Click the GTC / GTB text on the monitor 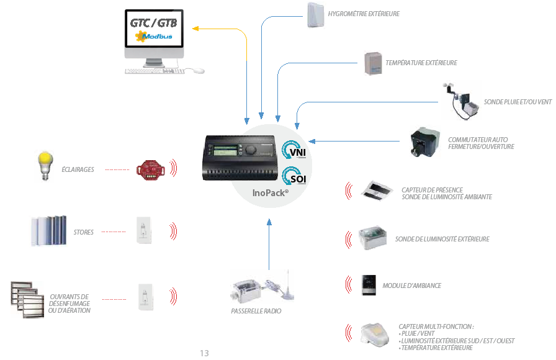153,23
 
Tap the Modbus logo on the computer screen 154,36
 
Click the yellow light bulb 45,166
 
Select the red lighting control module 151,169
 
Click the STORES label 84,232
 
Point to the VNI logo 294,150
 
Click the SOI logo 294,176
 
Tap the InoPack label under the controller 271,193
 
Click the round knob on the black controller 251,150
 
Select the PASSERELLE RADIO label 256,311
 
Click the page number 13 204,353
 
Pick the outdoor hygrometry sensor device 316,15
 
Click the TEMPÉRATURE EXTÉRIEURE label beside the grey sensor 421,63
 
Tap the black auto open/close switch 424,142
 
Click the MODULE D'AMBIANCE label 411,286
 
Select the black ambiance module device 369,285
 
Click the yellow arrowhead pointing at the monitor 195,29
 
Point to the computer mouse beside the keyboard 195,71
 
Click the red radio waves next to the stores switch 173,232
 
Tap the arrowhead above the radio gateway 269,222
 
